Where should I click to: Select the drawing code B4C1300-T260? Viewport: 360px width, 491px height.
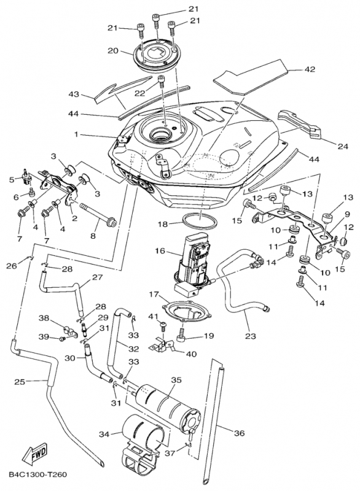pos(38,474)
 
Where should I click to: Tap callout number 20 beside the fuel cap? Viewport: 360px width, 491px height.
pos(113,50)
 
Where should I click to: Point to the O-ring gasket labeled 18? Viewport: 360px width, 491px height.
pos(200,222)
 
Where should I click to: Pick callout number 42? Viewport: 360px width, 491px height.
pos(310,69)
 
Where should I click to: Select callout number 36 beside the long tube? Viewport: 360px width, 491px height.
pos(240,433)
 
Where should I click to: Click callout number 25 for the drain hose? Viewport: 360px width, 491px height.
pos(20,382)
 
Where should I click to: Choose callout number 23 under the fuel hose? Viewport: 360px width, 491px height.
pos(250,336)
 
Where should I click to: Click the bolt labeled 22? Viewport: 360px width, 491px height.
pos(162,82)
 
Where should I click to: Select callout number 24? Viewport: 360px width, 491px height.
pos(343,146)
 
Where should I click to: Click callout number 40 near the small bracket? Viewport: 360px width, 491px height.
pos(192,354)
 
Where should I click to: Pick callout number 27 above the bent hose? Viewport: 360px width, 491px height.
pos(98,277)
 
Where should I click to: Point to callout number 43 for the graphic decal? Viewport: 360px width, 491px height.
pos(74,94)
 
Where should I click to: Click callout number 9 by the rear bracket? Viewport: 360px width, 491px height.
pos(347,214)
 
